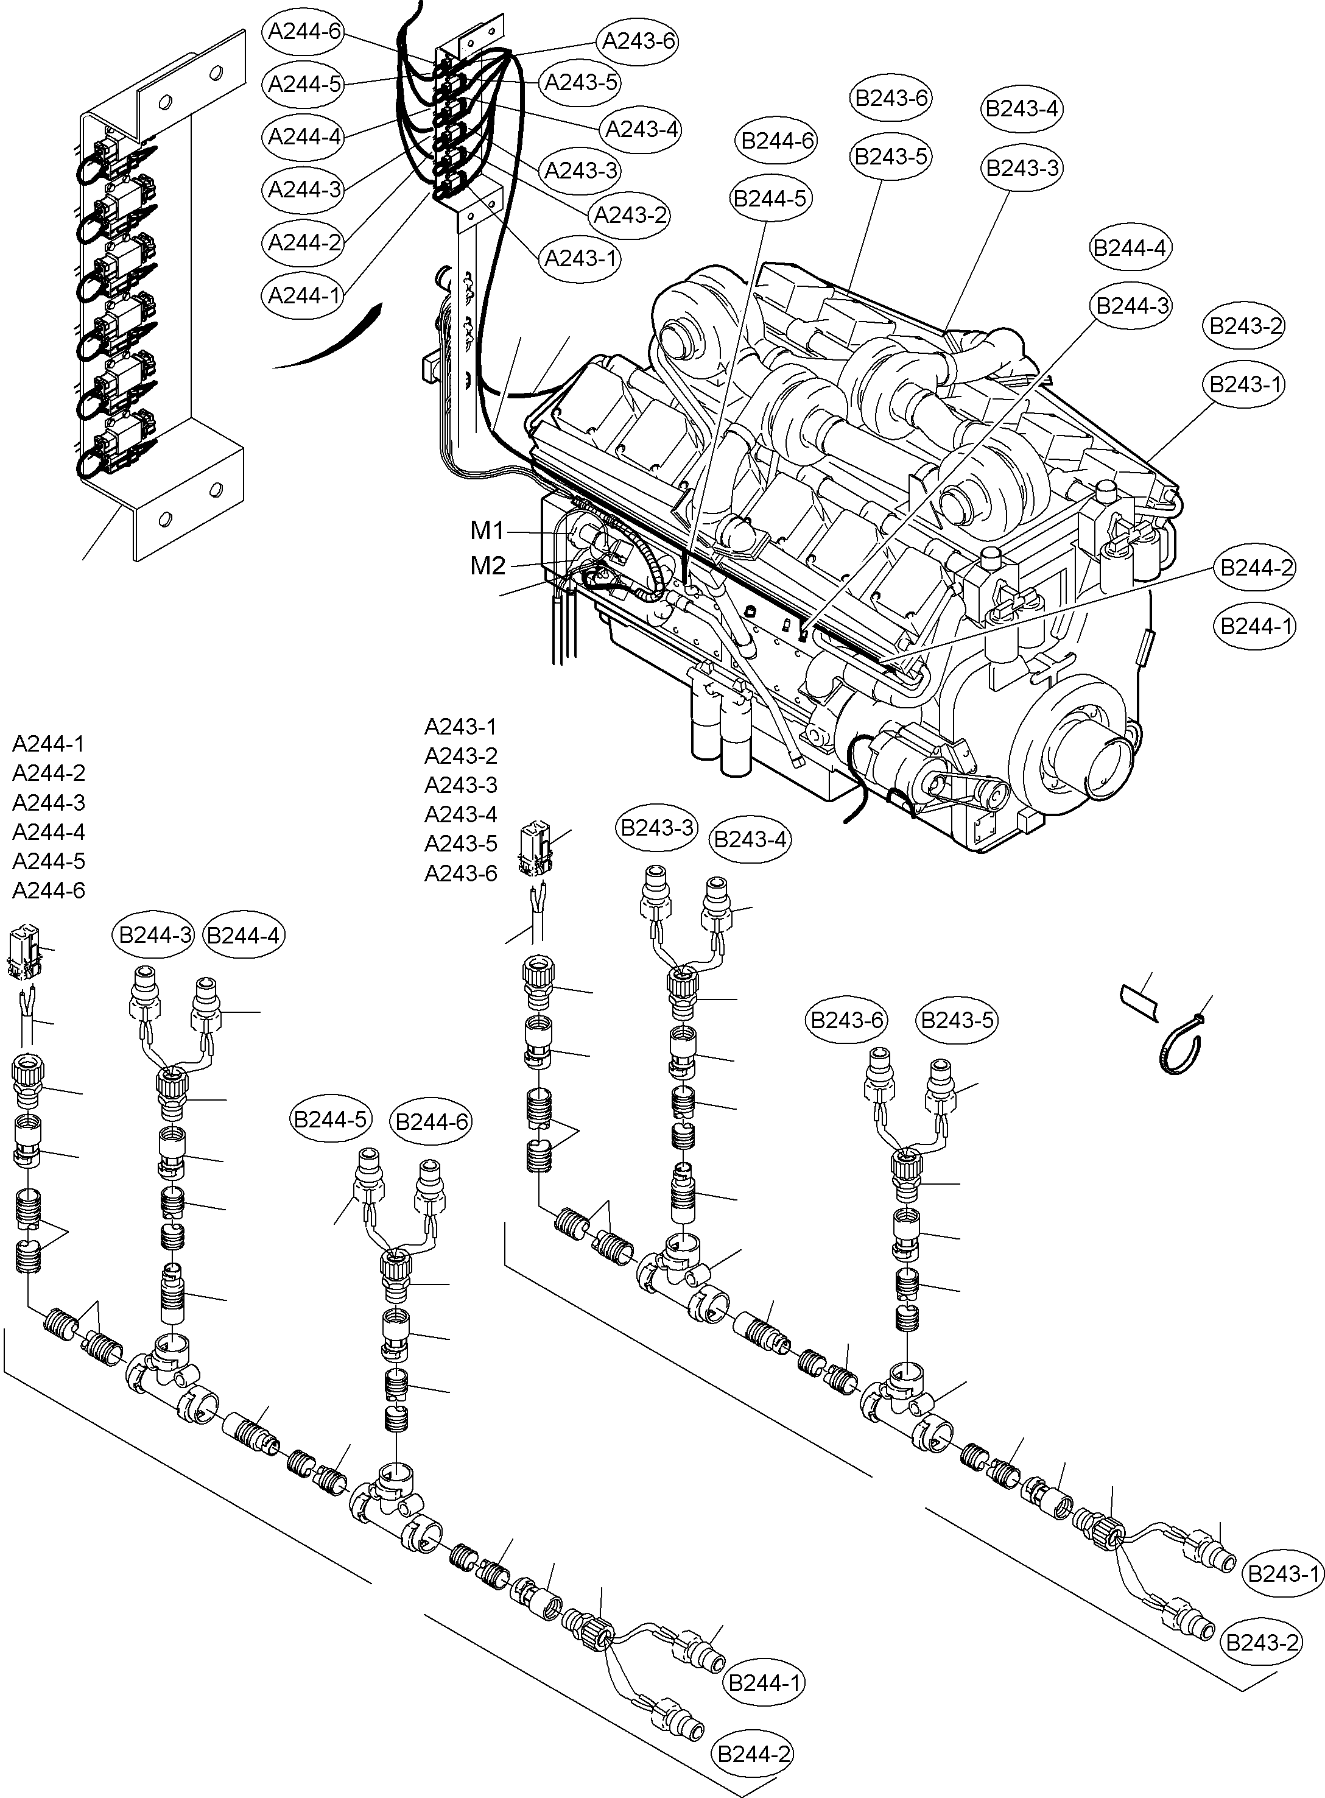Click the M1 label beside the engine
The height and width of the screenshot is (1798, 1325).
pos(487,531)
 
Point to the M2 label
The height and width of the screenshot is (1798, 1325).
pos(488,566)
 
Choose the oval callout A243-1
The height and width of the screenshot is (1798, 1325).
pos(582,258)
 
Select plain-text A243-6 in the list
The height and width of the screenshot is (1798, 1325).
pos(460,873)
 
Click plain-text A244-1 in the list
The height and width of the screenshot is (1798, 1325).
pos(48,744)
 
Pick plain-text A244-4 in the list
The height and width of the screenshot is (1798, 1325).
pos(48,832)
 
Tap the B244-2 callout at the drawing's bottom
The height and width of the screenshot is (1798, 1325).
pos(753,1755)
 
